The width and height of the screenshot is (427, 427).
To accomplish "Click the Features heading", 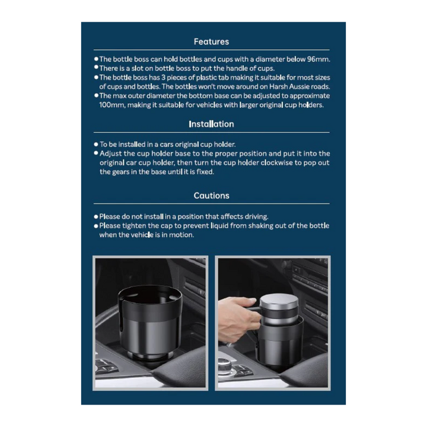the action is click(211, 42).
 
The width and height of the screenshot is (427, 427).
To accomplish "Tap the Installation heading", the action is click(211, 124).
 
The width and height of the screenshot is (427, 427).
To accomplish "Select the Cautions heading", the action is click(211, 196).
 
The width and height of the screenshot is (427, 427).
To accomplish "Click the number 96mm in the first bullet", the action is click(318, 59).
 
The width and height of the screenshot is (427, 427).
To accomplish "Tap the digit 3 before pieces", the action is click(164, 78).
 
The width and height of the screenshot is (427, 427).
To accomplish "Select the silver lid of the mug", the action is click(279, 301).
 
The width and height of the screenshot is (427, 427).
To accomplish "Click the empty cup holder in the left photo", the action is click(150, 321).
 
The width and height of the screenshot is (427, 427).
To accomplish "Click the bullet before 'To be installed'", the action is click(96, 144).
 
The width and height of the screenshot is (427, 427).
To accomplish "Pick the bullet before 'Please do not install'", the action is click(96, 217).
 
